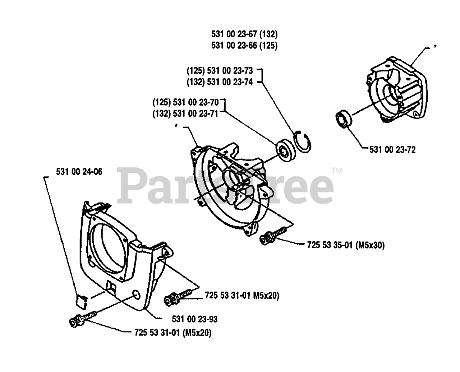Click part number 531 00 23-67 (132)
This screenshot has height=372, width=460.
pos(244,34)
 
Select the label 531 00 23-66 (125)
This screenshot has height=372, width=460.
pos(244,46)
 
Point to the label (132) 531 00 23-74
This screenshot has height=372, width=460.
pos(220,82)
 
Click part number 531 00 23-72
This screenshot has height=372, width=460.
pos(392,150)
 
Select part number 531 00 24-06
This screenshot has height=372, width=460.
pos(79,172)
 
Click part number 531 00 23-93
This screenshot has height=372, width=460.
pos(194,319)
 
